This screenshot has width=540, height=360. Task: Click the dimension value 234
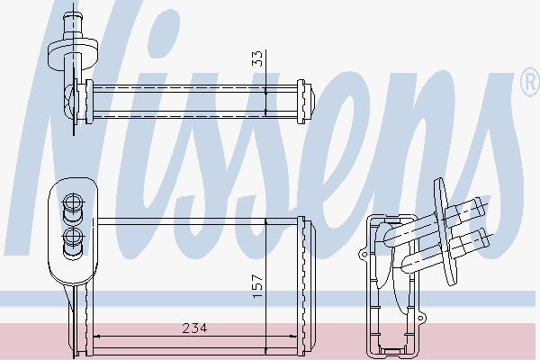pyautogui.click(x=194, y=328)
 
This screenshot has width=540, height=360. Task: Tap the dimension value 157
pyautogui.click(x=257, y=286)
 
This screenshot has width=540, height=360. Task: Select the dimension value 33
pyautogui.click(x=256, y=58)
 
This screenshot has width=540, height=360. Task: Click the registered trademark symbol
pyautogui.click(x=530, y=83)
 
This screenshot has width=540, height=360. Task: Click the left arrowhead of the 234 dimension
pyautogui.click(x=97, y=337)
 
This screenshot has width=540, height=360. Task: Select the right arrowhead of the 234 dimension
pyautogui.click(x=293, y=337)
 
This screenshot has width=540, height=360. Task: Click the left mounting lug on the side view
pyautogui.click(x=364, y=255)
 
